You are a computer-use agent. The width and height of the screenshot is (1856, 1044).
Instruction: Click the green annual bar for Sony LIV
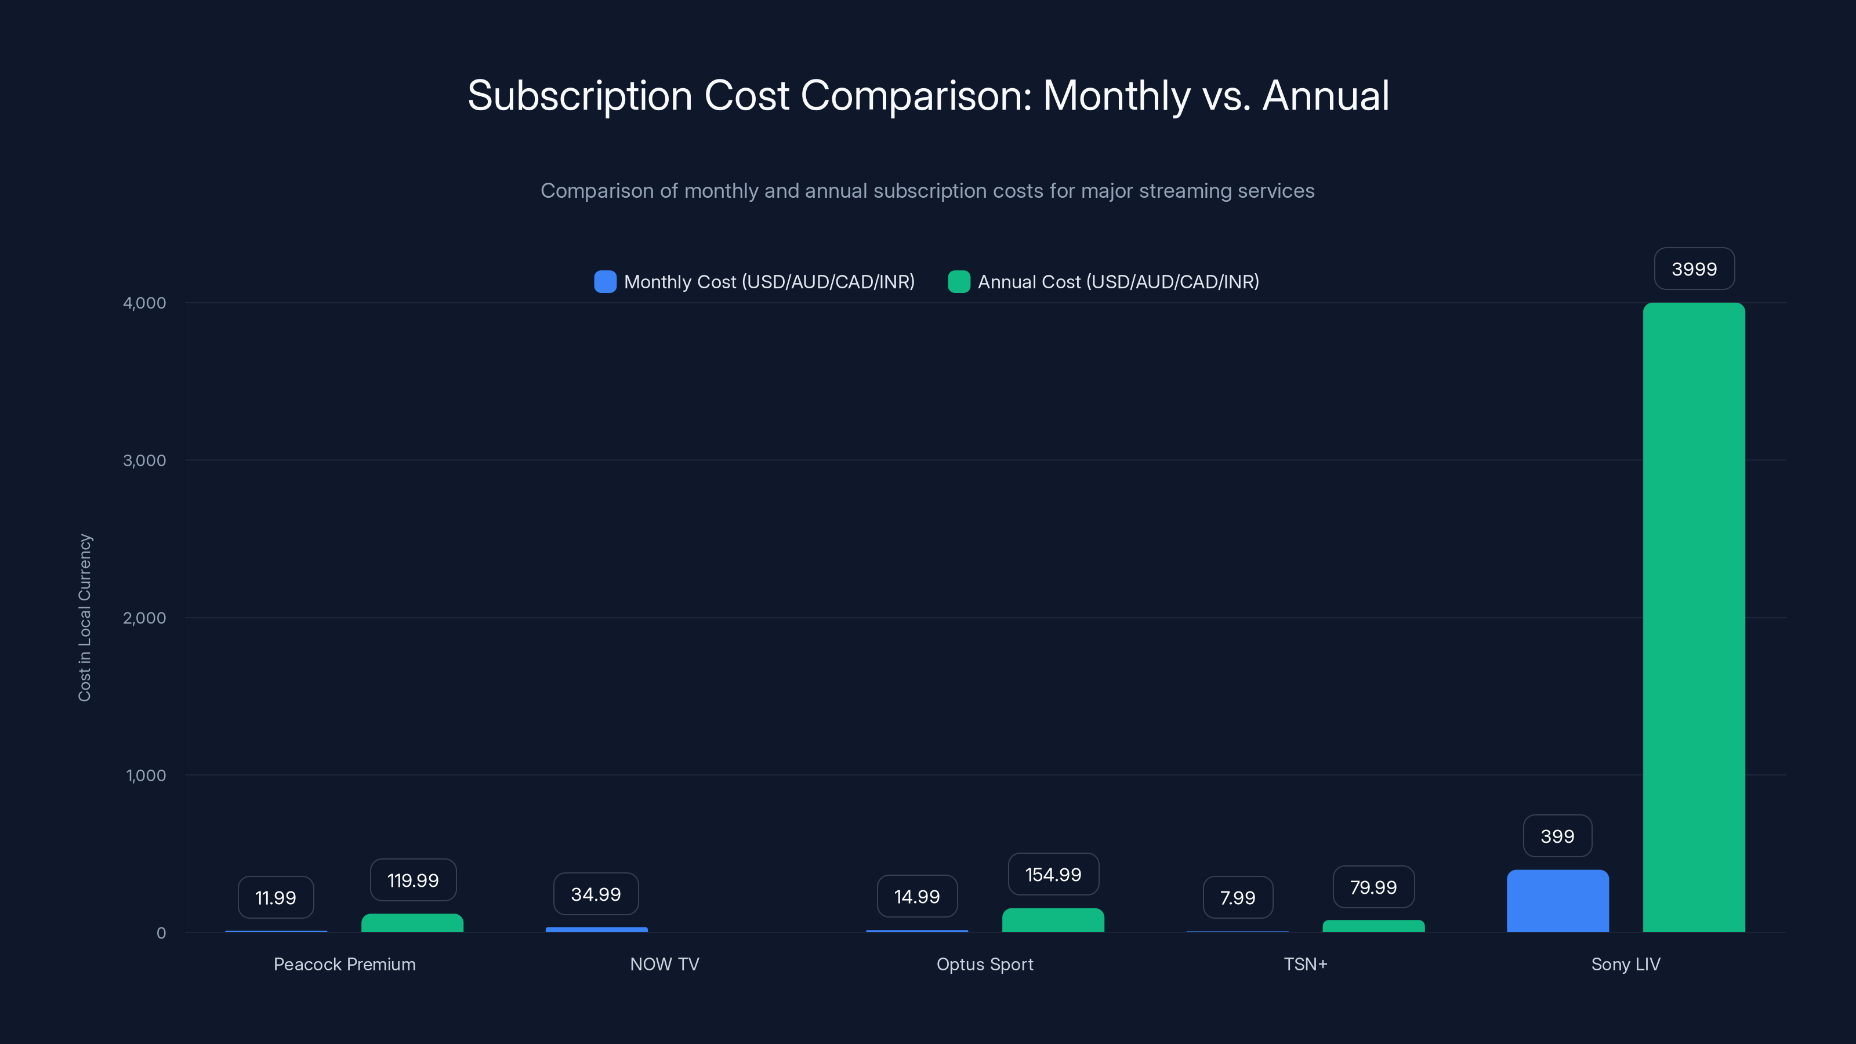tap(1693, 618)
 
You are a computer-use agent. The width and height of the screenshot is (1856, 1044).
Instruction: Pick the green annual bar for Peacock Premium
tap(412, 923)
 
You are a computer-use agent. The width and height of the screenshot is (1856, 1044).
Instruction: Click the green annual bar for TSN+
tap(1373, 926)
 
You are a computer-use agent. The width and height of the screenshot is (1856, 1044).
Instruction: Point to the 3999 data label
tap(1694, 269)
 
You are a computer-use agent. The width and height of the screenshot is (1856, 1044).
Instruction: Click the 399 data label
tap(1557, 836)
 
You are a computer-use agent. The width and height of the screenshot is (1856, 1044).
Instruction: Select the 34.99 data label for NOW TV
tap(596, 894)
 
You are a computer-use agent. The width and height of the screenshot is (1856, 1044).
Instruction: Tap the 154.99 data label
tap(1053, 874)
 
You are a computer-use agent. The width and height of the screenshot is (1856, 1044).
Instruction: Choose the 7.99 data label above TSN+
tap(1237, 897)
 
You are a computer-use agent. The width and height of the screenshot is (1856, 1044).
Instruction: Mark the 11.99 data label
tap(275, 897)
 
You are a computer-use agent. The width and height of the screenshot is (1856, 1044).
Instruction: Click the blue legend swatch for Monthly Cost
tap(605, 282)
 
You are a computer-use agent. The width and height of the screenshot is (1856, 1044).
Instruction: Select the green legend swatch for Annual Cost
tap(959, 282)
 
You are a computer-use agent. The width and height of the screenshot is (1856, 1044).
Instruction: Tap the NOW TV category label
tap(664, 964)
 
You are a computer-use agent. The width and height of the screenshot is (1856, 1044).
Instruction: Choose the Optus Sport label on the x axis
tap(984, 964)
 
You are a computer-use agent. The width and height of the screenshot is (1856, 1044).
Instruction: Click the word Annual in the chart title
tap(1326, 96)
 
